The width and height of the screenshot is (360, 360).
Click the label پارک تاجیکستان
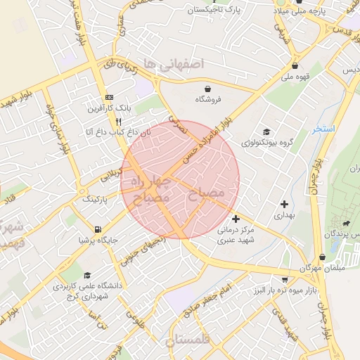coord(219,10)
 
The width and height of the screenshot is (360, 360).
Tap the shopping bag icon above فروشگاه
coord(209,89)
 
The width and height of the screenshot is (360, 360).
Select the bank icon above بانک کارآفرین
coord(109,96)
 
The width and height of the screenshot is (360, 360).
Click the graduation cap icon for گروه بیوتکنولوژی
coord(266,131)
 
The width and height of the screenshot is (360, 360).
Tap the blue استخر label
coord(324,130)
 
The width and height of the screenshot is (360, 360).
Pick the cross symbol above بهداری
coord(284,203)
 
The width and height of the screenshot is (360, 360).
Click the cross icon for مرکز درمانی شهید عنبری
coord(236,219)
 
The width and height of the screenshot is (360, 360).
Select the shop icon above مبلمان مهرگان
coord(322,257)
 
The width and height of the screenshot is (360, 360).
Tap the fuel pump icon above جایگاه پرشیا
coord(97,229)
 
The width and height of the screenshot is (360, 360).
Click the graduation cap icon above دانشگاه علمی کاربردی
coord(87,275)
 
